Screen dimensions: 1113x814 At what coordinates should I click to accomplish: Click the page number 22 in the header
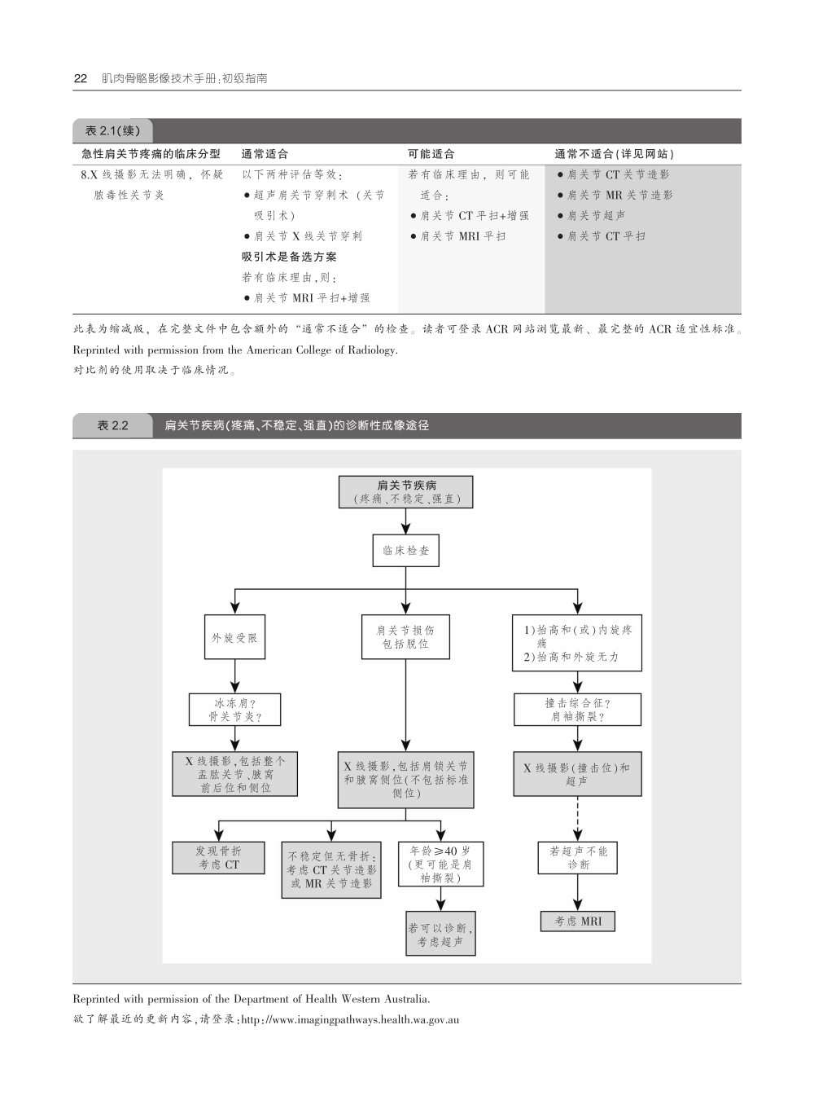pos(80,79)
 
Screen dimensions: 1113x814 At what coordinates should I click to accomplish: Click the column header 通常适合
pos(265,154)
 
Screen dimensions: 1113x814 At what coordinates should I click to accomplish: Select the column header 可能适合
pos(431,154)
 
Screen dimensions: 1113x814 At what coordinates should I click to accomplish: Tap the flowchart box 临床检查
pos(406,551)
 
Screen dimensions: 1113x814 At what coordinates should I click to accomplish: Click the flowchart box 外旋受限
pos(234,637)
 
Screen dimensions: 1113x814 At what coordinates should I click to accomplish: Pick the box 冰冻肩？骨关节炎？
pos(234,710)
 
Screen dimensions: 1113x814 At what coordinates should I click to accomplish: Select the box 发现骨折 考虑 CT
pos(218,858)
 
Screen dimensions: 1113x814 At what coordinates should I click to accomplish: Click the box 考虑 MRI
pos(578,921)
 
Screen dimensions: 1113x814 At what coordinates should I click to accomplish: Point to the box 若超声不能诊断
pos(578,858)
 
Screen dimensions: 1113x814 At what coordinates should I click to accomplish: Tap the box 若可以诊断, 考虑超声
pos(440,934)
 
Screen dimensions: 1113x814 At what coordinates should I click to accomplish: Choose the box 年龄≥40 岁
pos(440,864)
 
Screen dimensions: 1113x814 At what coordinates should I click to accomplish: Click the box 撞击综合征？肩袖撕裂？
pos(577,710)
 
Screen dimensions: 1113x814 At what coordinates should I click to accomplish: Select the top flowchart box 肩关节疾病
pos(405,492)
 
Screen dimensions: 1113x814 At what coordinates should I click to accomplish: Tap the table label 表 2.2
pos(113,425)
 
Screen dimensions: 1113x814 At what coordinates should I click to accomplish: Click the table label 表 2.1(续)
pos(113,130)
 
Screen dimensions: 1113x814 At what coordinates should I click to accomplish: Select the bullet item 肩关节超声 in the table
pos(596,216)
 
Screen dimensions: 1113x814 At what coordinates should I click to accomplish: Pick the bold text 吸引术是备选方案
pos(289,257)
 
